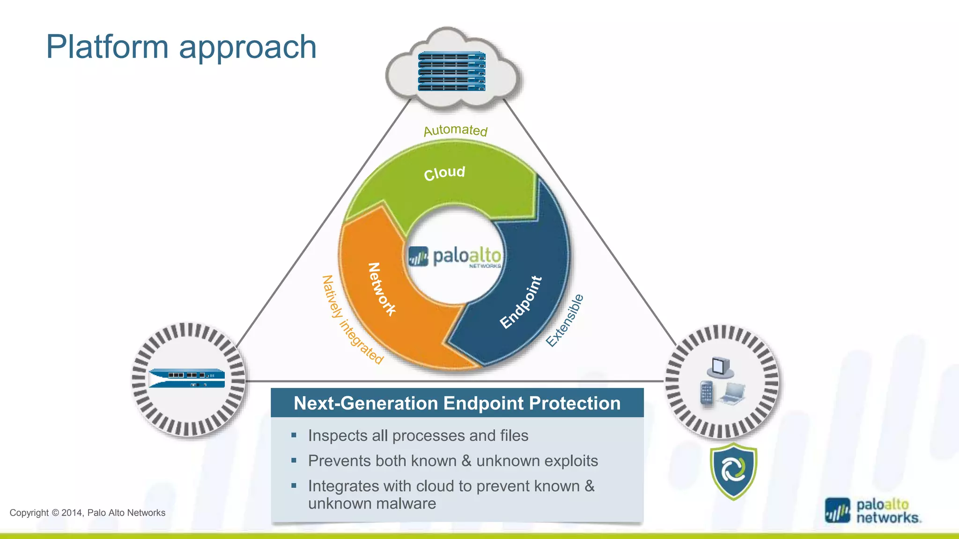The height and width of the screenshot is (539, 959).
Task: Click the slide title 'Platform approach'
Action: pos(181,47)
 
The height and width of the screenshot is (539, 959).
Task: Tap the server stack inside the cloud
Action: pos(451,71)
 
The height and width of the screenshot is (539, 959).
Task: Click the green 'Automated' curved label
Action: pos(455,130)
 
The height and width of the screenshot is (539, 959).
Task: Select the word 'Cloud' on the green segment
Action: pos(444,173)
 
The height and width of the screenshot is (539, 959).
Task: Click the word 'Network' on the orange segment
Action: pos(381,289)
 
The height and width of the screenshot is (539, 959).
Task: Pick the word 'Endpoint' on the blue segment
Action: pos(521,302)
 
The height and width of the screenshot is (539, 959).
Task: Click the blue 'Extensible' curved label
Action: pos(565,320)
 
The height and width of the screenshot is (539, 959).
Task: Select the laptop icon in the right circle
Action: pos(733,393)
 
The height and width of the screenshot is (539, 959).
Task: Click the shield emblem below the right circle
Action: pos(733,471)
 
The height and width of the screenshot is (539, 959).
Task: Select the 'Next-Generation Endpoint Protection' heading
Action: pos(457,403)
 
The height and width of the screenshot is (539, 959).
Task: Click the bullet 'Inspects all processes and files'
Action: pos(418,436)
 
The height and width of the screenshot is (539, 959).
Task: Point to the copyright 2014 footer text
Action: pos(88,513)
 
